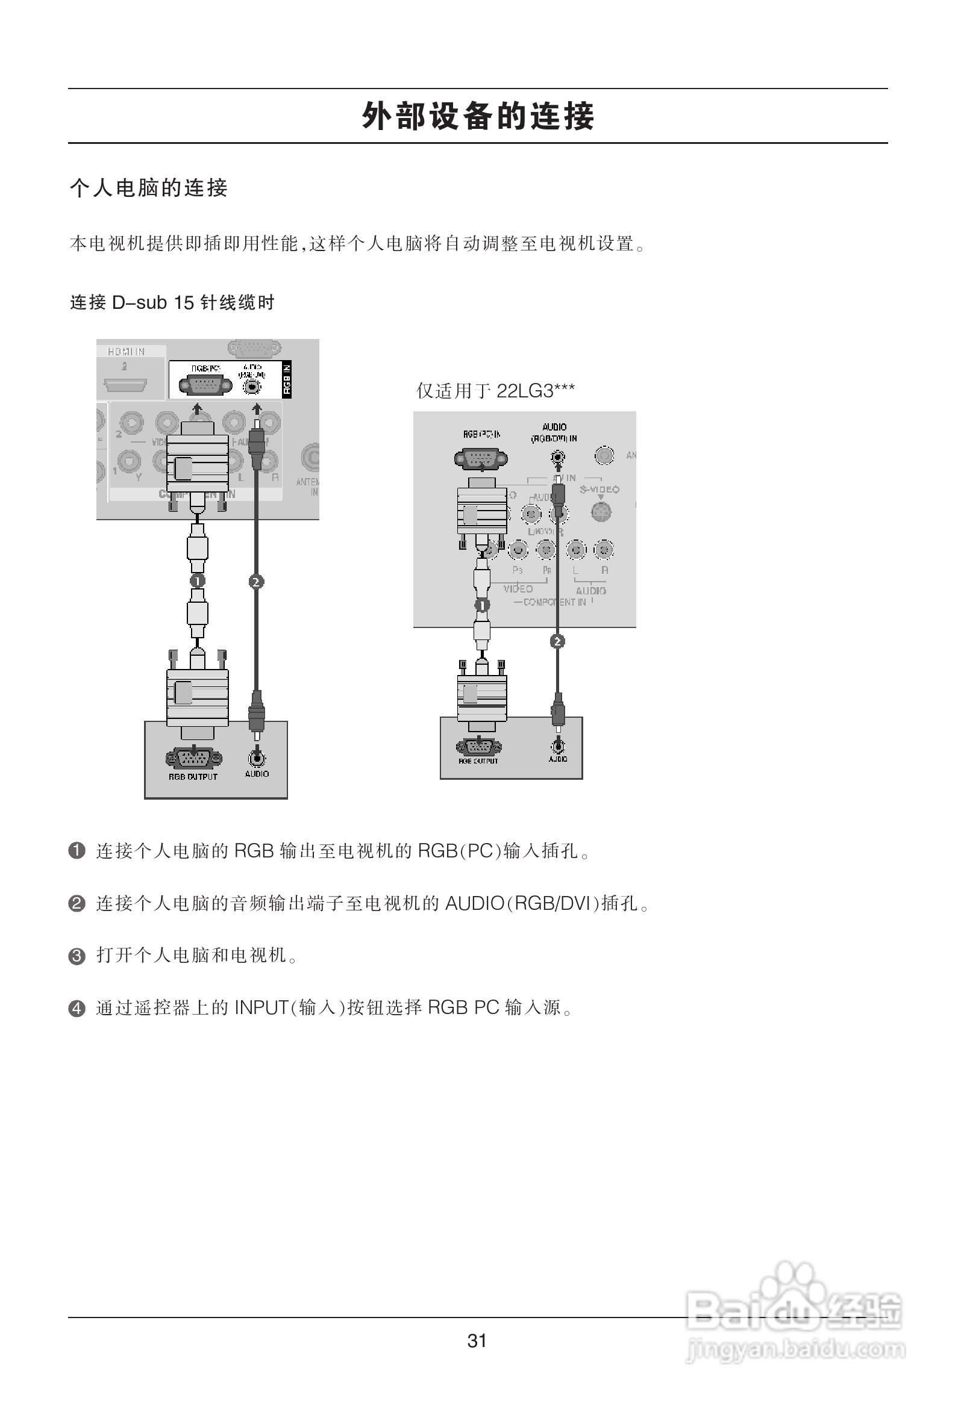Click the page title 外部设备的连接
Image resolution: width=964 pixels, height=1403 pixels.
click(478, 116)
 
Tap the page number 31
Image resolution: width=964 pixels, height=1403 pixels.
click(477, 1340)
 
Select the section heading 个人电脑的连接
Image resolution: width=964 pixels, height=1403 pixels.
click(149, 188)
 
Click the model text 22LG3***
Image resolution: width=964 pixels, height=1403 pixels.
click(535, 391)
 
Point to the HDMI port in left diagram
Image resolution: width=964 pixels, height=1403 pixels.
click(125, 384)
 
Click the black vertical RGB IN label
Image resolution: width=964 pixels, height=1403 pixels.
click(287, 380)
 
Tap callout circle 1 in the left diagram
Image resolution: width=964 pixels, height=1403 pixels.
click(198, 580)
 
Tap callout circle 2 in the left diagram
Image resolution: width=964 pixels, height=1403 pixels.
click(256, 581)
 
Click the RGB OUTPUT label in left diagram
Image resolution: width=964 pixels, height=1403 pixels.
click(193, 777)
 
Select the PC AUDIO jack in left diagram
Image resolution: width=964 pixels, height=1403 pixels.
click(257, 758)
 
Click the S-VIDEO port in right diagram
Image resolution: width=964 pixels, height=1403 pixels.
click(600, 512)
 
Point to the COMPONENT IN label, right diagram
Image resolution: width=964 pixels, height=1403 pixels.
click(554, 603)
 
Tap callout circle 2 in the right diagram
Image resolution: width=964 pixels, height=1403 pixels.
click(557, 641)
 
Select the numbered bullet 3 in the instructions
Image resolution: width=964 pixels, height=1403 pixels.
click(77, 957)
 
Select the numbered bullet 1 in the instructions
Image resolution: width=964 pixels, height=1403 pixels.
click(77, 851)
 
